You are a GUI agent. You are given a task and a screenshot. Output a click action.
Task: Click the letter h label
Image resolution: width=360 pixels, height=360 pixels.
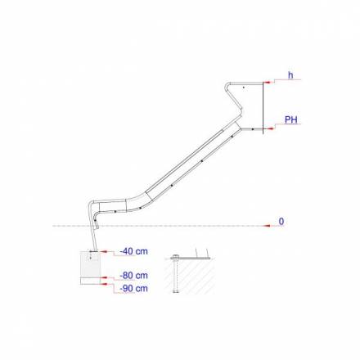pos(290,75)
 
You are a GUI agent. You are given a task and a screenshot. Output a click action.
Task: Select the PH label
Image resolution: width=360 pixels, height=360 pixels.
pos(290,120)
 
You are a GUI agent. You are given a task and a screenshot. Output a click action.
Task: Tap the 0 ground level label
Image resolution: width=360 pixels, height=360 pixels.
pos(282,221)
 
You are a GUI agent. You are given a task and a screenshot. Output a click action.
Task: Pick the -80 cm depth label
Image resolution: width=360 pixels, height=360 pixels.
pos(134,276)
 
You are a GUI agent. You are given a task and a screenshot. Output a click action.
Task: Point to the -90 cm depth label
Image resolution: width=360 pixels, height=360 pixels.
pos(134,288)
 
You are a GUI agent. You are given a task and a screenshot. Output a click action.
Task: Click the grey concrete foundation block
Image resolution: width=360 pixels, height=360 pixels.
pos(91,266)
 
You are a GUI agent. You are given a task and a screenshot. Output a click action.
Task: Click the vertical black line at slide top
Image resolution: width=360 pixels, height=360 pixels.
pos(263,106)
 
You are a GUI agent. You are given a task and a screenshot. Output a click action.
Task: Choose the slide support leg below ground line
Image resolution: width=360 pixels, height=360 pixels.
pos(94,237)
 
